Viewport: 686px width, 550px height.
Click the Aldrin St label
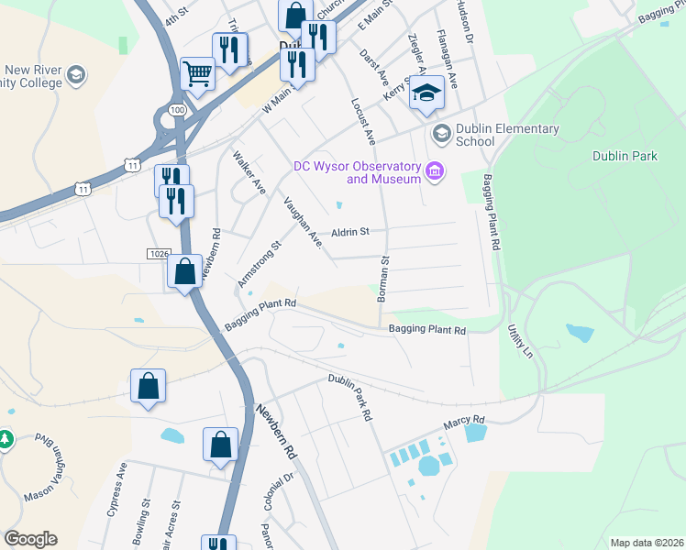pyautogui.click(x=350, y=232)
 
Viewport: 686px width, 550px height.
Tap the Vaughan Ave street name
pyautogui.click(x=303, y=223)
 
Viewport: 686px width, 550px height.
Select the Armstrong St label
pyautogui.click(x=259, y=265)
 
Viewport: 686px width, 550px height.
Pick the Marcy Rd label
pyautogui.click(x=464, y=421)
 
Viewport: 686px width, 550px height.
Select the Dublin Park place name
pyautogui.click(x=625, y=156)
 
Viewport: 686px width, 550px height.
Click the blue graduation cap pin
pyautogui.click(x=426, y=93)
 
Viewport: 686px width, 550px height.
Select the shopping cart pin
pyautogui.click(x=197, y=73)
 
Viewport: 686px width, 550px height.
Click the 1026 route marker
pyautogui.click(x=158, y=252)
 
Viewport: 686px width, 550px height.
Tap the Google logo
pyautogui.click(x=30, y=539)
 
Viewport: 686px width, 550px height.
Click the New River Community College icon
pyautogui.click(x=77, y=74)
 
